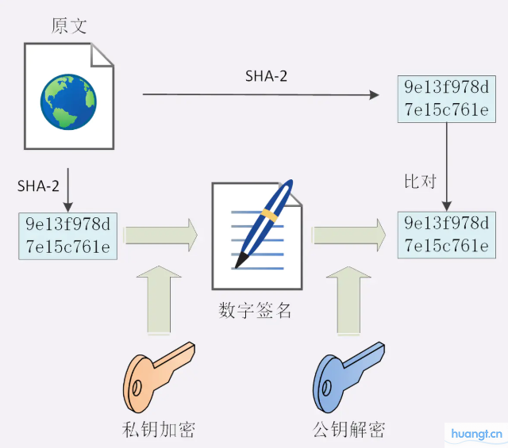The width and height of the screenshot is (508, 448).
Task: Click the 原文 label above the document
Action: tap(69, 26)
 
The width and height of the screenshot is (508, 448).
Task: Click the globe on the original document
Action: tap(69, 100)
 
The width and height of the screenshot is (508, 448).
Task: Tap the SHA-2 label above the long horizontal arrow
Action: tap(266, 75)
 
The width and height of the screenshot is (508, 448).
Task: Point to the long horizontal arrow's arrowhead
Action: tap(375, 95)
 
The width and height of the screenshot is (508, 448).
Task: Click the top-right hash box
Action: tap(446, 98)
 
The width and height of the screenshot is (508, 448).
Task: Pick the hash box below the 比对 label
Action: tap(446, 235)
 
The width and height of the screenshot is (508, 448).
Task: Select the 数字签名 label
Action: tap(256, 310)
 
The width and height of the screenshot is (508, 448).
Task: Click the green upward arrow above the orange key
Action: tap(160, 300)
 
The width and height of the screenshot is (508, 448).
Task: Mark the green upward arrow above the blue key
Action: tap(348, 300)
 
